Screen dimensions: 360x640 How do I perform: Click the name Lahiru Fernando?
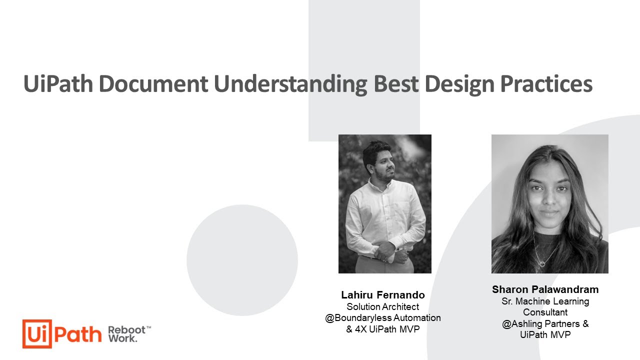[383, 295]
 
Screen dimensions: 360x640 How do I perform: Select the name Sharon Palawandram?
[545, 289]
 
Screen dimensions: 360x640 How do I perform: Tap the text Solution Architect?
[383, 306]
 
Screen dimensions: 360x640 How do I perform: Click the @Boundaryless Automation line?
[383, 318]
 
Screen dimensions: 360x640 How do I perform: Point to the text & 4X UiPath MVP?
[383, 329]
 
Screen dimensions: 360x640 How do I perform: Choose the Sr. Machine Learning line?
[545, 301]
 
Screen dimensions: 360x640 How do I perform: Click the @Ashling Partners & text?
[545, 323]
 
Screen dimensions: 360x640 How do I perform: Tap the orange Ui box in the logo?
[37, 333]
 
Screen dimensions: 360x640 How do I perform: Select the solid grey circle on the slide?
[242, 260]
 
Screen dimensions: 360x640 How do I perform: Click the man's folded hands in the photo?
[385, 250]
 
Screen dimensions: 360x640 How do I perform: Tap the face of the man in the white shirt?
[378, 163]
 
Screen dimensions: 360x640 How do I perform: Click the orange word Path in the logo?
[78, 333]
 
